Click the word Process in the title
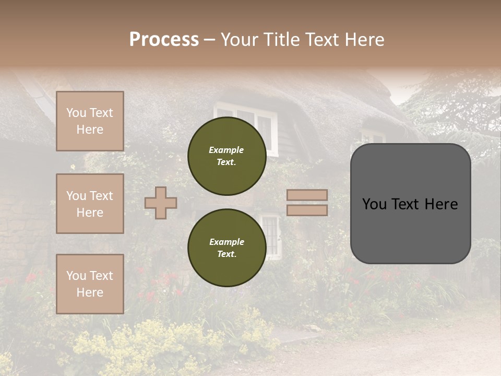[x=164, y=39]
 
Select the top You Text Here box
[x=90, y=121]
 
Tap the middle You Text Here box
[x=90, y=204]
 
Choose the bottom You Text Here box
[x=90, y=284]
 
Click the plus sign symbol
[x=161, y=203]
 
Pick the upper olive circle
[x=226, y=156]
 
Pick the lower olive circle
[x=226, y=248]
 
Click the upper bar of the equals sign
[x=307, y=195]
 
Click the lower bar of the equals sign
[x=307, y=210]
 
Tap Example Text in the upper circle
[x=226, y=156]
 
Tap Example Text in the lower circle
[x=226, y=248]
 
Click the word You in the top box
[x=76, y=113]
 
